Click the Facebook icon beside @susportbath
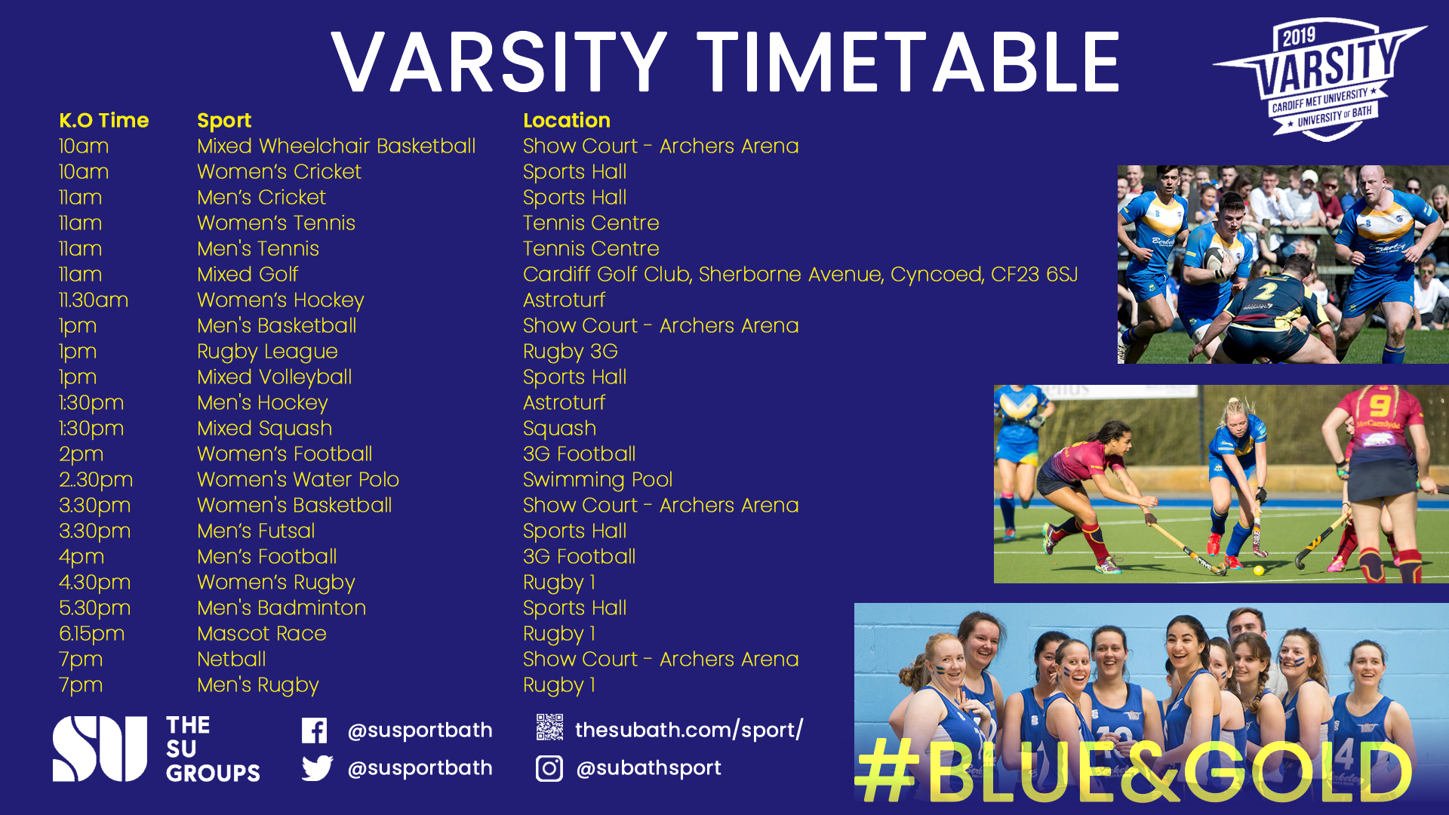314,730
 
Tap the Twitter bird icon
317,768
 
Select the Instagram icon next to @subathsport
549,768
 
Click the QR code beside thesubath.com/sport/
549,727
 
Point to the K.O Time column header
104,121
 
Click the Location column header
567,121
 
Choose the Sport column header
224,121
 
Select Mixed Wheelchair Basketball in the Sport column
337,146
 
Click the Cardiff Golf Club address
801,275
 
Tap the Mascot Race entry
262,634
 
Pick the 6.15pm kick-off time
92,635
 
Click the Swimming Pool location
598,481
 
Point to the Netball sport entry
232,660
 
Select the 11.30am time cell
94,300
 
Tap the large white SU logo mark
100,749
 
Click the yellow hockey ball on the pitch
1258,570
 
